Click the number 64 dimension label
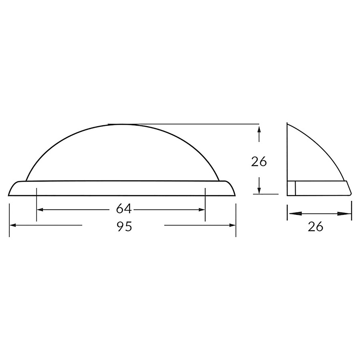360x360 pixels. pos(124,209)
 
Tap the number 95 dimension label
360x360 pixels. pos(124,227)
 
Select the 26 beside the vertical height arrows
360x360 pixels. pos(259,162)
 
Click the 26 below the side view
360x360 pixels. pos(316,227)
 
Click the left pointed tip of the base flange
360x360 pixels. pos(9,195)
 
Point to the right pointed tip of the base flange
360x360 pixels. pos(235,195)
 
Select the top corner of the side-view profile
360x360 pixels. pos(288,123)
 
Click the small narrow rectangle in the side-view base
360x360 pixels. pos(292,188)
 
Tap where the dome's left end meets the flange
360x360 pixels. pos(26,181)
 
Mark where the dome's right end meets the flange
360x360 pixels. pos(219,181)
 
